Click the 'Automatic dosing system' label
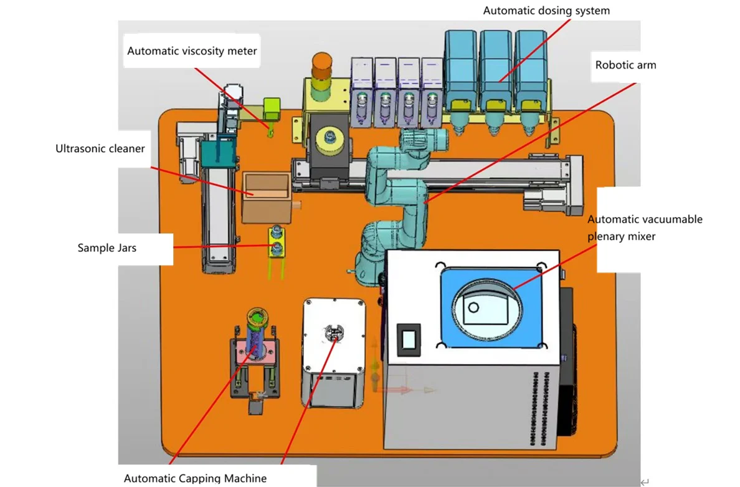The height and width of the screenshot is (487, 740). [x=546, y=11]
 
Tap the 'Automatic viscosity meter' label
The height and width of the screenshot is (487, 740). [x=192, y=51]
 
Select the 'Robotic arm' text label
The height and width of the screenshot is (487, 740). [x=625, y=65]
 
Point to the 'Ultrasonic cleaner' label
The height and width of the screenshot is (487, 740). [x=100, y=149]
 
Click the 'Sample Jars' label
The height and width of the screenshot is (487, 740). [x=107, y=248]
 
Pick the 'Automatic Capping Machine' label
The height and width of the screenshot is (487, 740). [x=195, y=478]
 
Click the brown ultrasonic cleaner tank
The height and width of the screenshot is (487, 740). [x=266, y=197]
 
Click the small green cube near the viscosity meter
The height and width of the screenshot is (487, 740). [x=272, y=108]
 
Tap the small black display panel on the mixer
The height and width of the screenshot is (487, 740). [x=409, y=339]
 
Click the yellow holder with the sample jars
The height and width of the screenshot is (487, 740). [x=277, y=241]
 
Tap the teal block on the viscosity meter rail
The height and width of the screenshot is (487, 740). [x=217, y=153]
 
